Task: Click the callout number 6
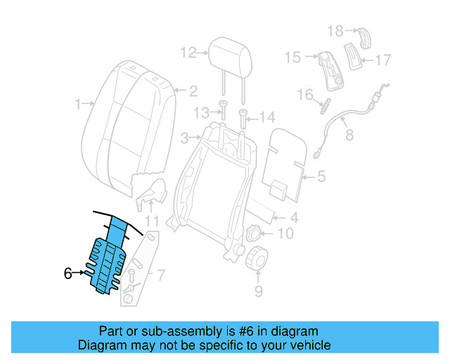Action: [67, 274]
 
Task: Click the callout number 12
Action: [188, 52]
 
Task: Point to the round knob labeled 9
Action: [257, 258]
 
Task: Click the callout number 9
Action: [257, 288]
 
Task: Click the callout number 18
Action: [335, 30]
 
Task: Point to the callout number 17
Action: [382, 60]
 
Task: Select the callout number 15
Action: [292, 56]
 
